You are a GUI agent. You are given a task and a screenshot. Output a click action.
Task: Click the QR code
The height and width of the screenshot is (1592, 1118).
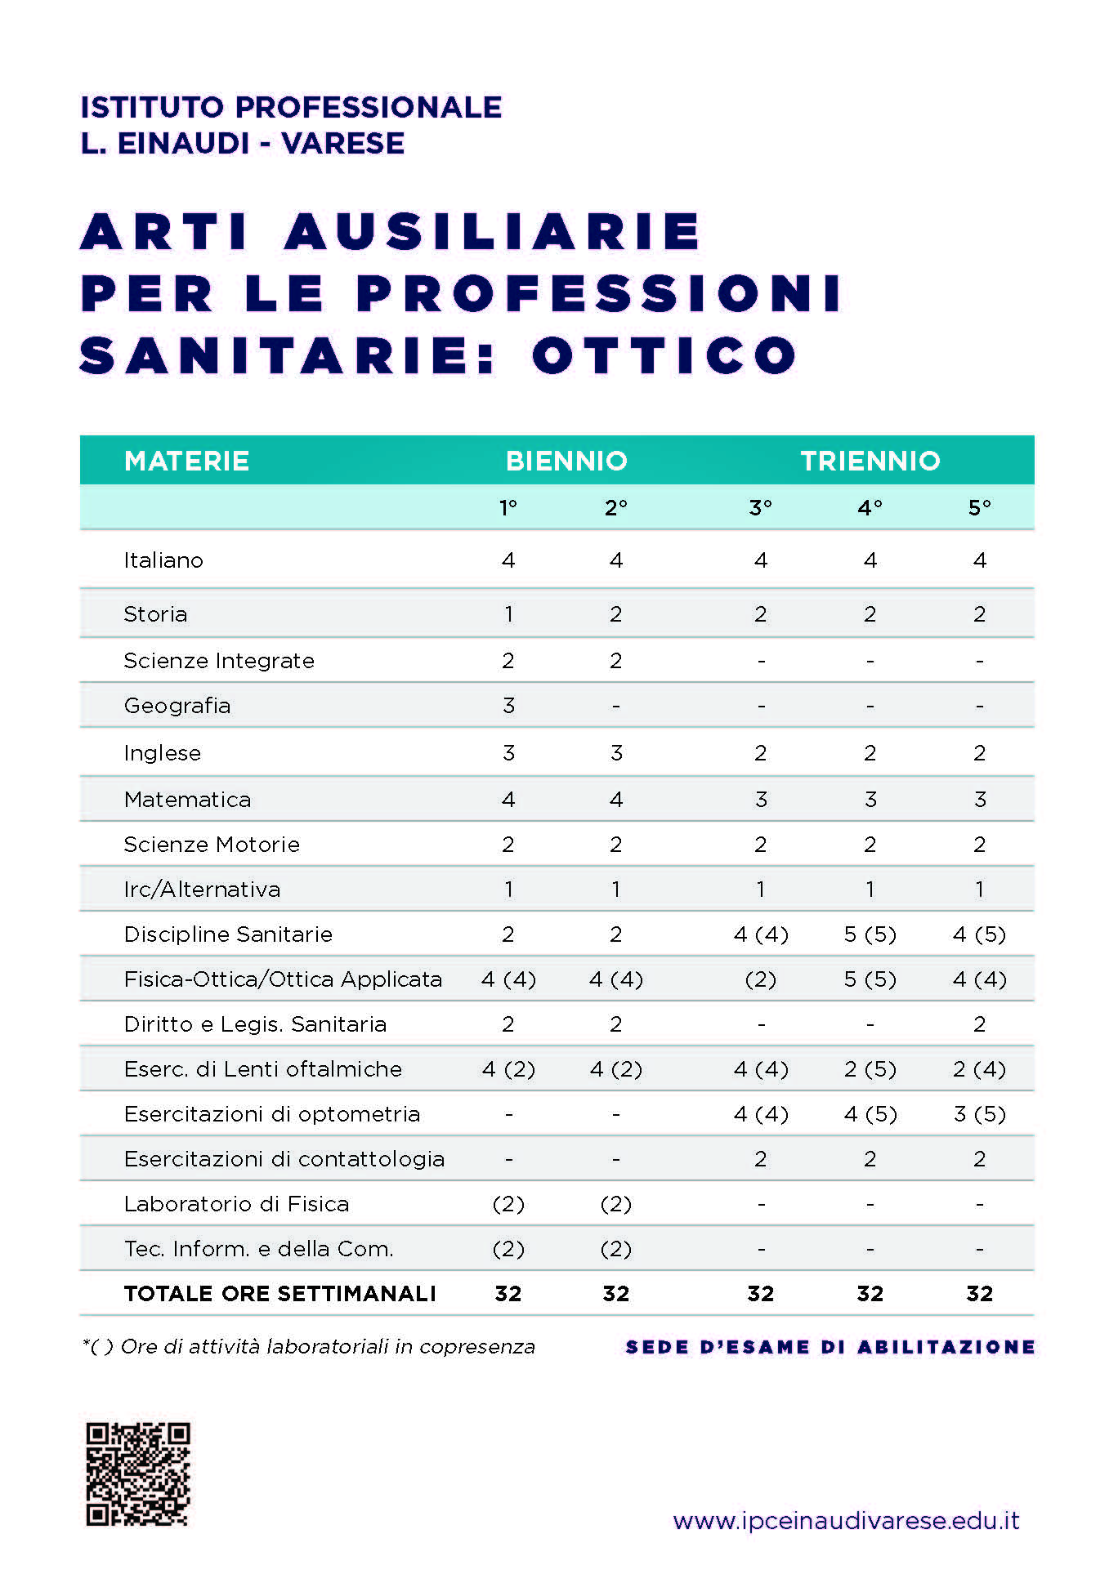[x=138, y=1474]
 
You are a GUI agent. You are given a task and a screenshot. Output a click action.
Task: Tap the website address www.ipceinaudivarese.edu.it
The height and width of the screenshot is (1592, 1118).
[x=846, y=1521]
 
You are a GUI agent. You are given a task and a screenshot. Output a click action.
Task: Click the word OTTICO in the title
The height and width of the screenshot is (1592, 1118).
[x=664, y=356]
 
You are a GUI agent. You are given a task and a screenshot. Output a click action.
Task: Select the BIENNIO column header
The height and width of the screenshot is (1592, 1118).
[x=566, y=461]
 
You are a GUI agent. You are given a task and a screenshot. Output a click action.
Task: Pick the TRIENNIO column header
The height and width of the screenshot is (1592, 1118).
[x=870, y=461]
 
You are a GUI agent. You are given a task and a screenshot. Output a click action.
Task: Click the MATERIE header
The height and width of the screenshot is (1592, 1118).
[x=186, y=461]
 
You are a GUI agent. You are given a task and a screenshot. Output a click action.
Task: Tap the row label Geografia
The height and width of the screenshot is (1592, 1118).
[x=177, y=706]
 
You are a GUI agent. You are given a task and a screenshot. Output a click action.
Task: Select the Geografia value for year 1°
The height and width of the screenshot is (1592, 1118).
[x=508, y=706]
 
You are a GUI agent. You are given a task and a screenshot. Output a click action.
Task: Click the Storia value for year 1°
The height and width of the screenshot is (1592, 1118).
[x=508, y=614]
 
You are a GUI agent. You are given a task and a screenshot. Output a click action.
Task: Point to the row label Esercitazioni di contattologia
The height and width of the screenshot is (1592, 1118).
[x=284, y=1159]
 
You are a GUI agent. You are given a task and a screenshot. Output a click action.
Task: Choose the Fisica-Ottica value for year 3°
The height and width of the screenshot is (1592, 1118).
[x=760, y=979]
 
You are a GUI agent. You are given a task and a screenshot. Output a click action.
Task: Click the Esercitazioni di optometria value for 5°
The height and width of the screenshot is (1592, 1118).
[x=979, y=1114]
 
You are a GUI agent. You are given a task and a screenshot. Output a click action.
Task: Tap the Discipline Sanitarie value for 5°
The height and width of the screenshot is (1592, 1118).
[x=979, y=934]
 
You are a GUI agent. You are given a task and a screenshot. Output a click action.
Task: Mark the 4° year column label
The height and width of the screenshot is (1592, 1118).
[x=870, y=508]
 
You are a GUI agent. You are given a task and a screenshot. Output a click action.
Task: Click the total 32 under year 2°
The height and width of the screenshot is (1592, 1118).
[x=616, y=1294]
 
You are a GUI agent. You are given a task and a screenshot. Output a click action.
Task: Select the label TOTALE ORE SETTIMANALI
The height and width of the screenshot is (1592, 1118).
[x=279, y=1294]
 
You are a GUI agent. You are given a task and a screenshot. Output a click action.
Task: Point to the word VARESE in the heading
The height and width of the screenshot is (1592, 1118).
[x=342, y=144]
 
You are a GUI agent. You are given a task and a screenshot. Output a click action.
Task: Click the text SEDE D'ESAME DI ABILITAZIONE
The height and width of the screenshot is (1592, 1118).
[x=830, y=1347]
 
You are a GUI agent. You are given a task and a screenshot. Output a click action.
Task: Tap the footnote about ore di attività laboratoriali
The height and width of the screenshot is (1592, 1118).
[x=309, y=1347]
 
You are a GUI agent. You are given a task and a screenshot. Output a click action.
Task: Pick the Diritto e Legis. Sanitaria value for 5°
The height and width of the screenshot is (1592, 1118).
[x=979, y=1024]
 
